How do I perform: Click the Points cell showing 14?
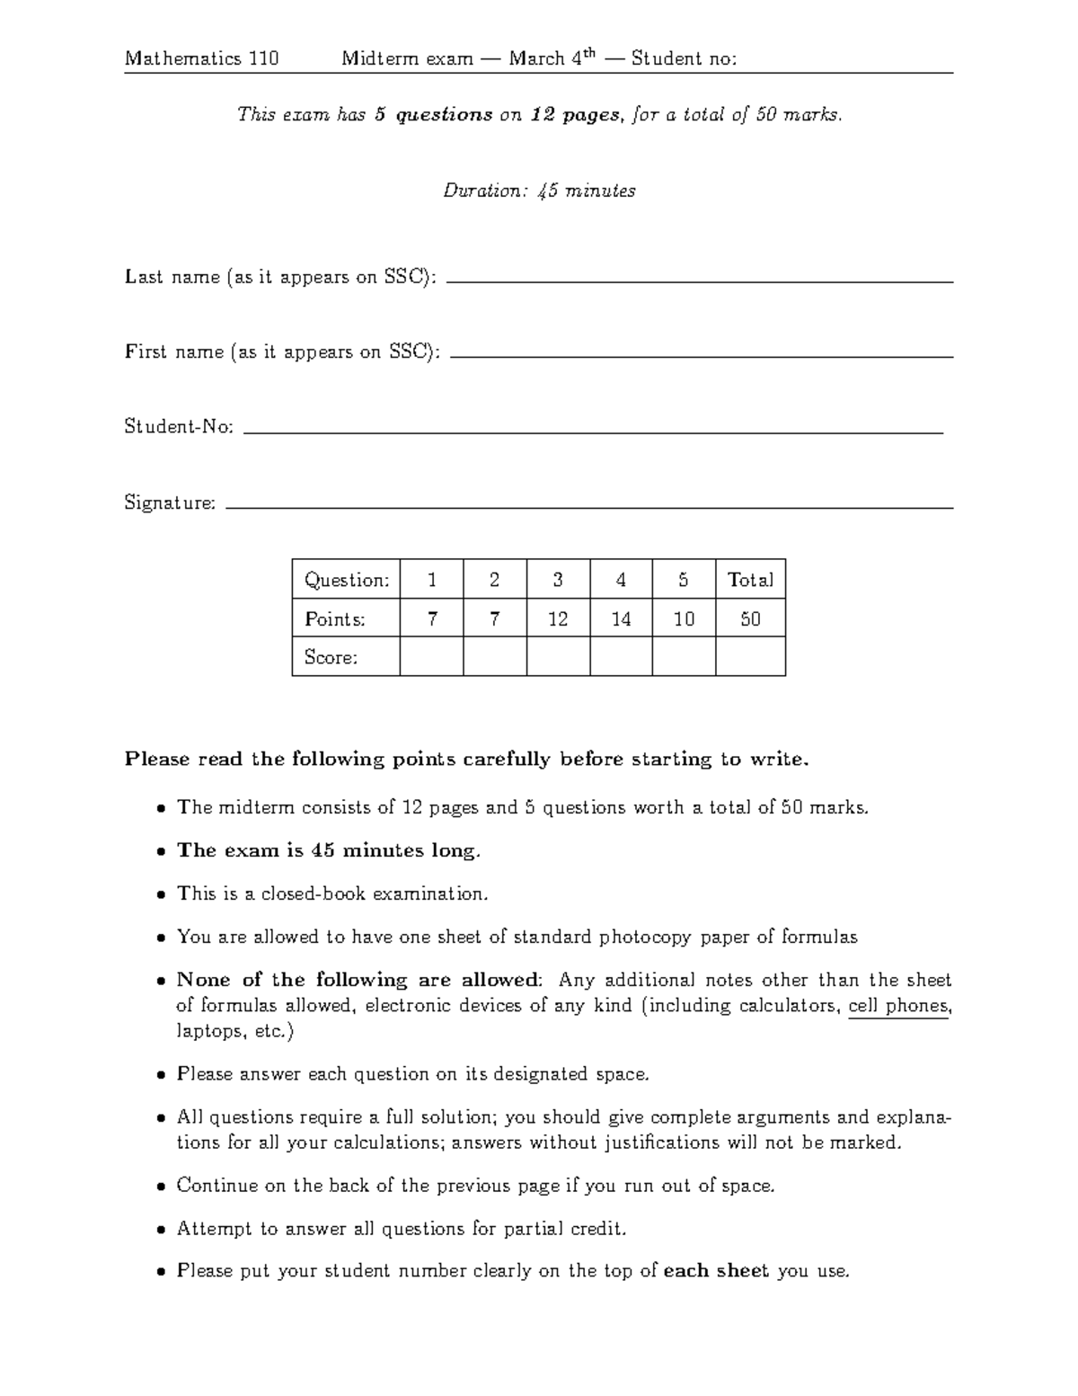[x=621, y=618]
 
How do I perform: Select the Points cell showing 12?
[x=558, y=618]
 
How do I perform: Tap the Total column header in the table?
[x=750, y=580]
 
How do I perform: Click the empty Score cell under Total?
[x=750, y=657]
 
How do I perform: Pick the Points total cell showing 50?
[x=750, y=618]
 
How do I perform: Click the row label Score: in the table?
[x=331, y=657]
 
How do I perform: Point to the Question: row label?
[x=346, y=580]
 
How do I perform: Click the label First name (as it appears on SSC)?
[x=282, y=351]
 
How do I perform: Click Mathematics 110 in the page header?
[x=202, y=59]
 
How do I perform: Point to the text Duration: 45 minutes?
[x=539, y=191]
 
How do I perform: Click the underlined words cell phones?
[x=898, y=1006]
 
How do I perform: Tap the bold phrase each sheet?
[x=716, y=1270]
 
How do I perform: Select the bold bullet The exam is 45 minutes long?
[x=329, y=850]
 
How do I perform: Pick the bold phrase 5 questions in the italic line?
[x=433, y=114]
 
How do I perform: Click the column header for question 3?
[x=558, y=580]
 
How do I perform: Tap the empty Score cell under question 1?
[x=432, y=657]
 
